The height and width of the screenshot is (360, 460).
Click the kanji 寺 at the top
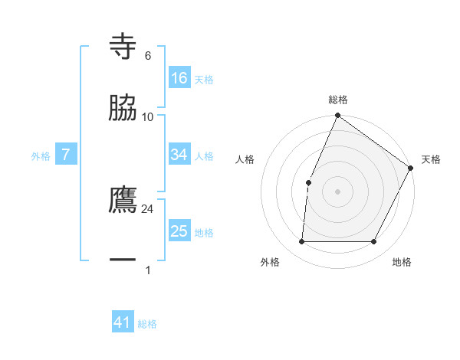click(x=123, y=47)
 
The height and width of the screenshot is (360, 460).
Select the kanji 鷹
click(x=123, y=200)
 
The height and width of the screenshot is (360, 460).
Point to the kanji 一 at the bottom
click(x=123, y=260)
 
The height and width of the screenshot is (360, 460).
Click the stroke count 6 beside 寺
click(x=148, y=56)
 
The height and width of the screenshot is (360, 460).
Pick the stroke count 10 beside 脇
click(x=148, y=116)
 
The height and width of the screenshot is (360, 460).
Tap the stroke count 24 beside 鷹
click(x=148, y=208)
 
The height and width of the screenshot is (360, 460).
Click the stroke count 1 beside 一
click(x=148, y=270)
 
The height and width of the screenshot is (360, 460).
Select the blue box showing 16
click(x=179, y=78)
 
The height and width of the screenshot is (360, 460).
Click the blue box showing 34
click(x=179, y=155)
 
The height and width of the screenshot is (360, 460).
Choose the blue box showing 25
click(x=179, y=231)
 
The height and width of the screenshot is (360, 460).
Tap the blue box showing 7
click(x=66, y=155)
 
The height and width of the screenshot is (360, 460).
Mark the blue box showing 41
click(x=123, y=322)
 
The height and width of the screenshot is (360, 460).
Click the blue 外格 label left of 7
click(x=41, y=155)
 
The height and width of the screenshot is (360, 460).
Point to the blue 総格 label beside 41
click(x=147, y=324)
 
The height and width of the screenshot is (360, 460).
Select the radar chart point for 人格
click(x=308, y=182)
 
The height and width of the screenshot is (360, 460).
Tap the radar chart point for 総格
click(x=337, y=116)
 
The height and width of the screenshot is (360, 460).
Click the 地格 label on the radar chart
click(x=402, y=263)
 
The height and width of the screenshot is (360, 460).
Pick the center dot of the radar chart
click(x=337, y=191)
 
